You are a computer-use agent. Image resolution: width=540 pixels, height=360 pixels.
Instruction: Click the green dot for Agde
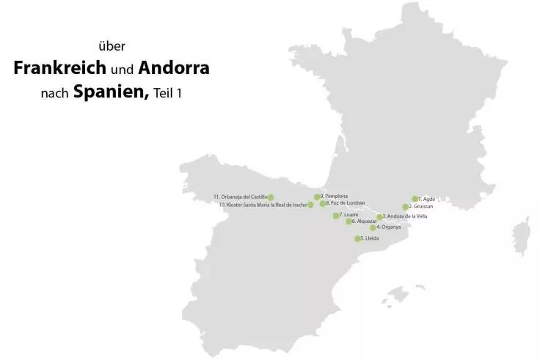(415, 199)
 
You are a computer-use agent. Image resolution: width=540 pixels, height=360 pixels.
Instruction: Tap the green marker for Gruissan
(405, 207)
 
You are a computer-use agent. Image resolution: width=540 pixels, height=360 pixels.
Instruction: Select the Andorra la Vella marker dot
(379, 217)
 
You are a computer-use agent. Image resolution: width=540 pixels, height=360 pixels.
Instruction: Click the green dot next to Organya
(373, 227)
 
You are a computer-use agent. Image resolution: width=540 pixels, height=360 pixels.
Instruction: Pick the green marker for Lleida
(358, 239)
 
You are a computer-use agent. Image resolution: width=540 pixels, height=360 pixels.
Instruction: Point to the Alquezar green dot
(349, 221)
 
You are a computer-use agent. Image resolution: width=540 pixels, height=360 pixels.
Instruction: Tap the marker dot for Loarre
(336, 216)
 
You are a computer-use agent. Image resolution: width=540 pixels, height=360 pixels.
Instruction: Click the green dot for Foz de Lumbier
(323, 204)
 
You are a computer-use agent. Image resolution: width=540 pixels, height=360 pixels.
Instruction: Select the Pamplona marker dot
(317, 196)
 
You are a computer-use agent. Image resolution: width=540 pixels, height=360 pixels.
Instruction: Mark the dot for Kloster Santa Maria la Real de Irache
(310, 205)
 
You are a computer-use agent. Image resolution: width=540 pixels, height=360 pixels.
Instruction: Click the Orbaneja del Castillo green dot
(271, 197)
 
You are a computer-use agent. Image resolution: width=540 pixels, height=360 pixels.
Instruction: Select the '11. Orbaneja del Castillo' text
(240, 197)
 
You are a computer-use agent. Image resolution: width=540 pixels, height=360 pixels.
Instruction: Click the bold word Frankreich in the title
(59, 70)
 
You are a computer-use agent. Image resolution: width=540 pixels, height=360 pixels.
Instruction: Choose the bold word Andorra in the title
(174, 70)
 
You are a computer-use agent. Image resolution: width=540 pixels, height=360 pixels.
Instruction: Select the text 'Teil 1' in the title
(168, 95)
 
